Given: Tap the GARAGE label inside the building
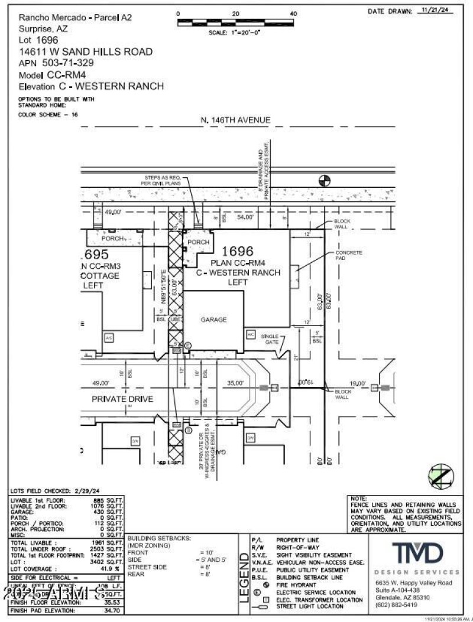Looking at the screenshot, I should [x=213, y=320].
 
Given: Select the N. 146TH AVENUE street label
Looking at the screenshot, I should [x=235, y=121].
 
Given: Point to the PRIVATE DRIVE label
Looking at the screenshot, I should [x=122, y=399].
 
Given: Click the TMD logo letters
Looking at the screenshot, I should [x=417, y=553].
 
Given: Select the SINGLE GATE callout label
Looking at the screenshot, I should [x=270, y=339].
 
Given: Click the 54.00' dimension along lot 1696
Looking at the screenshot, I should [x=245, y=218].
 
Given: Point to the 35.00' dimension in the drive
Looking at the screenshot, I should [x=235, y=383].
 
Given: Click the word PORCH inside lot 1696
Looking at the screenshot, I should [x=198, y=242].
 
